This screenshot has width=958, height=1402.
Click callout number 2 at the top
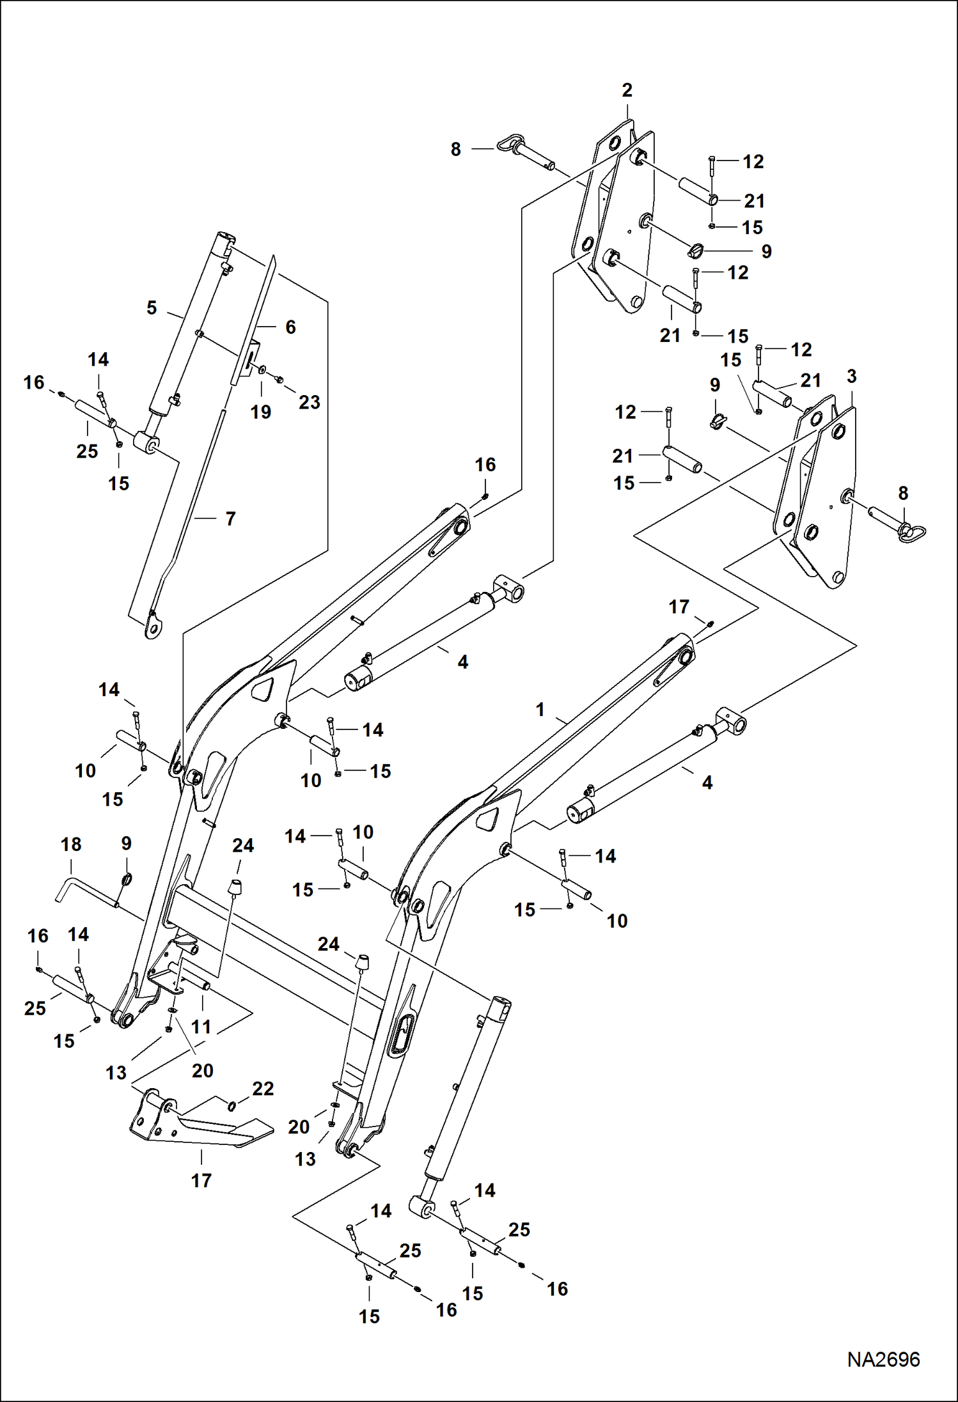pyautogui.click(x=627, y=90)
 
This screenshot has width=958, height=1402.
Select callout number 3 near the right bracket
pyautogui.click(x=851, y=377)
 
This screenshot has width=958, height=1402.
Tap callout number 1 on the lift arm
pyautogui.click(x=540, y=710)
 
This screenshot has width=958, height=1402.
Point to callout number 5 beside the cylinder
pyautogui.click(x=152, y=308)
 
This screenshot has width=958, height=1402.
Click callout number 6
pyautogui.click(x=290, y=327)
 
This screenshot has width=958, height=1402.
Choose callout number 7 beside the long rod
pyautogui.click(x=230, y=518)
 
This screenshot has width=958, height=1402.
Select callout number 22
pyautogui.click(x=263, y=1088)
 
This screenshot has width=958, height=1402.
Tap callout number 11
pyautogui.click(x=201, y=1027)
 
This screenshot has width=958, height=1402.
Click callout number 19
pyautogui.click(x=260, y=412)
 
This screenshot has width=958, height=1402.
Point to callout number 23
pyautogui.click(x=310, y=402)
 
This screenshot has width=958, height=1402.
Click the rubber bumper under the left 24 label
pyautogui.click(x=236, y=888)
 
